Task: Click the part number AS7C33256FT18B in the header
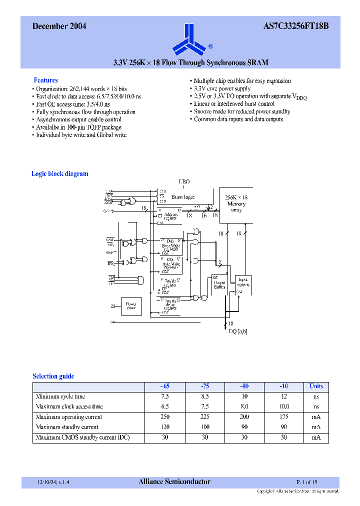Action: tap(295, 26)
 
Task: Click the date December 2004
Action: tap(59, 26)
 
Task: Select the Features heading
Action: tap(45, 80)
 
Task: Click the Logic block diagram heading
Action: tap(59, 174)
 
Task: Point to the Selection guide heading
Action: tap(53, 376)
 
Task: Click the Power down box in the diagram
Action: tap(131, 305)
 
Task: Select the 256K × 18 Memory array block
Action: tap(236, 204)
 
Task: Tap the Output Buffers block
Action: tap(219, 284)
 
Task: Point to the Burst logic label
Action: tap(183, 197)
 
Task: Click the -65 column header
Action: tap(164, 386)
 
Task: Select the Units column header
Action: tap(316, 386)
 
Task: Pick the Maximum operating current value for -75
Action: tap(204, 416)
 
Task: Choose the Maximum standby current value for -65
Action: tap(164, 427)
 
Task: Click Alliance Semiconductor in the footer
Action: tap(174, 482)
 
